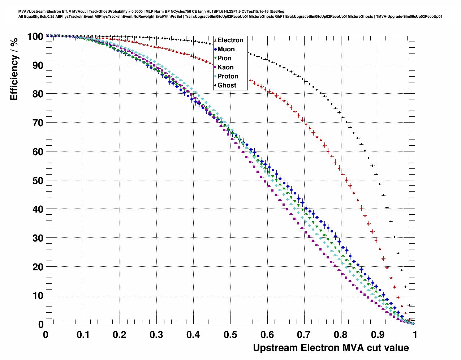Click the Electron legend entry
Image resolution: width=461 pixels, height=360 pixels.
[230, 40]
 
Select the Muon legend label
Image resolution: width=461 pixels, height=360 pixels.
[226, 49]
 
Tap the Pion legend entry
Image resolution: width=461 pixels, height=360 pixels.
[224, 58]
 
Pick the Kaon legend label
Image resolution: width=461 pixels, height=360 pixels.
[225, 67]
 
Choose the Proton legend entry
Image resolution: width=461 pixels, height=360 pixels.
[228, 76]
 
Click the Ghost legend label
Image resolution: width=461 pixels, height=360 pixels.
[227, 85]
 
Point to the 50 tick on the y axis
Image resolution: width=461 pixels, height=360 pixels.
[36, 180]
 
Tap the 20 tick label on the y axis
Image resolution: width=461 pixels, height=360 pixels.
[36, 267]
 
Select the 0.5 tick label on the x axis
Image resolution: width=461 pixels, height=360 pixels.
[230, 334]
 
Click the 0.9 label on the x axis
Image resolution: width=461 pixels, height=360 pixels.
[378, 334]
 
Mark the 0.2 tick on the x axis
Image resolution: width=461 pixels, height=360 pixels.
[119, 334]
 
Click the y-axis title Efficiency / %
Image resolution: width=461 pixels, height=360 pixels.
[14, 69]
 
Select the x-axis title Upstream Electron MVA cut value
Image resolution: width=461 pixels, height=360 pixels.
[331, 348]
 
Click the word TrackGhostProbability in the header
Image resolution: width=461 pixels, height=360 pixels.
[104, 12]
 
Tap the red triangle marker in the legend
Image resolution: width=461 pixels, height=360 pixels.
[215, 40]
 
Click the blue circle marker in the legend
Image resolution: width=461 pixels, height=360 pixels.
[215, 49]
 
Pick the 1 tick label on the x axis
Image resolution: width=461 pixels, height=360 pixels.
[415, 334]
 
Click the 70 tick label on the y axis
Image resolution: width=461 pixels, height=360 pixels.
[36, 123]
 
